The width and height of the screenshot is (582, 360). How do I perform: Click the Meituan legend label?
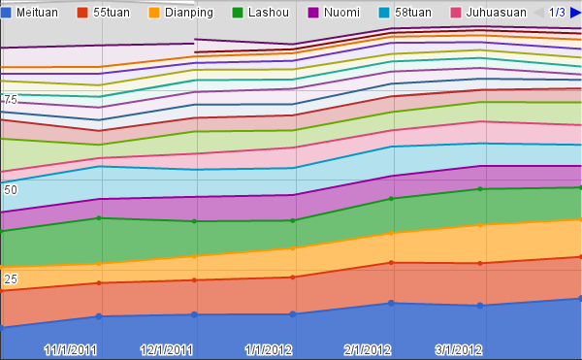[37, 13]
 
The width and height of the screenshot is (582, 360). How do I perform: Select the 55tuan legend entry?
[112, 13]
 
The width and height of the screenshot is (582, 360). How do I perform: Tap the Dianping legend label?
[189, 13]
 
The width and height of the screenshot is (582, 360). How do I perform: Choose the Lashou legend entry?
[269, 13]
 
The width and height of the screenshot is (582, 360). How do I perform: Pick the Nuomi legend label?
[341, 13]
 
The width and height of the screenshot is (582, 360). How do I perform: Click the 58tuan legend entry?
[413, 13]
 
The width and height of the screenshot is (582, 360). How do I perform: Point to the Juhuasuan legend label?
[496, 13]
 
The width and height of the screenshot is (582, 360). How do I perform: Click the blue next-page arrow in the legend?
[575, 13]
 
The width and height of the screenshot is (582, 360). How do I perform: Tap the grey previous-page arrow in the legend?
[539, 13]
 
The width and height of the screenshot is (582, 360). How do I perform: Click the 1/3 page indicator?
[557, 13]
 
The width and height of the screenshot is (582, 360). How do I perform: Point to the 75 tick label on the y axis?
[11, 100]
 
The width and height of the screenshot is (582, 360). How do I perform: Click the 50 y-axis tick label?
[11, 189]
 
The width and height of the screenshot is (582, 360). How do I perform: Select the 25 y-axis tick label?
[11, 279]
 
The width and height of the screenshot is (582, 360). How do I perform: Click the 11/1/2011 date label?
[71, 350]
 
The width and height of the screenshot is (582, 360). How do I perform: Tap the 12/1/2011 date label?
[167, 350]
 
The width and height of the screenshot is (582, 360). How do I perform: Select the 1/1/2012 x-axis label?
[269, 350]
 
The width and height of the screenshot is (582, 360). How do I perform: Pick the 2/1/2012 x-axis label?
[368, 350]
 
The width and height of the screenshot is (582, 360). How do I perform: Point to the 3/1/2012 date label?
[459, 350]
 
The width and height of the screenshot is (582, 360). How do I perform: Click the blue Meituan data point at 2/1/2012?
[391, 303]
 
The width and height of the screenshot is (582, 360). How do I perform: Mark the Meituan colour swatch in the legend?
[6, 13]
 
